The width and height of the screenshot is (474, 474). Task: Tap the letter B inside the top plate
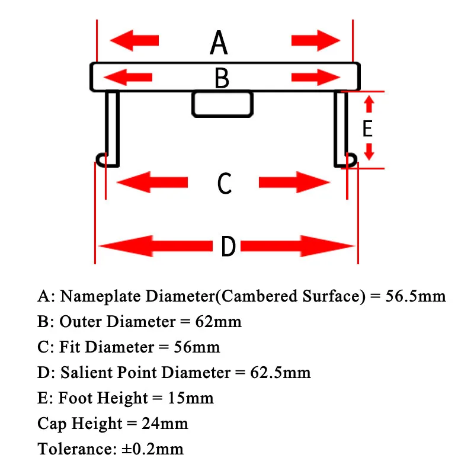coord(222,78)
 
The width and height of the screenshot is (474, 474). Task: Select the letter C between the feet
coord(224,184)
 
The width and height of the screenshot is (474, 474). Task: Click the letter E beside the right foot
coord(367,129)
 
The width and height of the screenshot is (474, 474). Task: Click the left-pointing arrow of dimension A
coord(135,40)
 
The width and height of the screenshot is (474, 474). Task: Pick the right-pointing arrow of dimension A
coord(316,40)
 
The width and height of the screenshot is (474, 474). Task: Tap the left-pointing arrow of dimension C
coord(153,182)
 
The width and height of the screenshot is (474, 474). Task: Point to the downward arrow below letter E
coord(369,152)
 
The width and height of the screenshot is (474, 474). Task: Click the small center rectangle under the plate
coord(222,104)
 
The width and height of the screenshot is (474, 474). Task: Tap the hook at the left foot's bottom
coord(101,159)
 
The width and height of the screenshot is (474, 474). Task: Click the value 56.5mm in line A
coord(415,296)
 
